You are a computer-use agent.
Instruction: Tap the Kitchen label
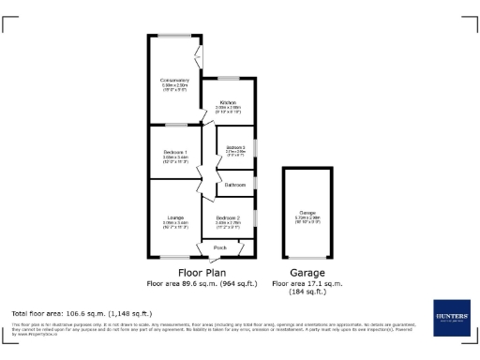click(x=228, y=102)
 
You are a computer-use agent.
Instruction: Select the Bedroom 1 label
click(x=174, y=152)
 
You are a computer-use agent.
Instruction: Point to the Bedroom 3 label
click(x=236, y=148)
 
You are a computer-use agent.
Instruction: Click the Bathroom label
click(x=234, y=185)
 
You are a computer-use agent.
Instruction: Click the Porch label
click(x=220, y=247)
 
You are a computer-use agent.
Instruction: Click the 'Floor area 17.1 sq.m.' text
click(x=307, y=282)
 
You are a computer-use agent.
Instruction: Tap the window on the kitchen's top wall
click(x=232, y=78)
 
